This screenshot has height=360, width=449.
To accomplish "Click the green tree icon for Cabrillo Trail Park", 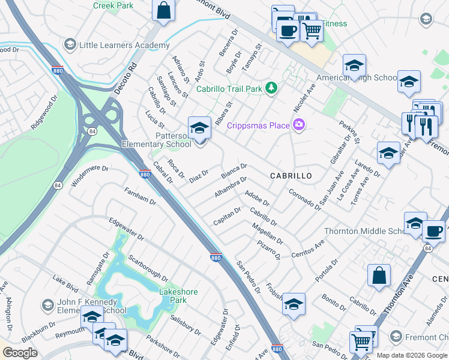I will [272, 88].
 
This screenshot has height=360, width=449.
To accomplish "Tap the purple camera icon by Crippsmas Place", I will [298, 125].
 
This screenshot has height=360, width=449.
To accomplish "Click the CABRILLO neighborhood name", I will [291, 176].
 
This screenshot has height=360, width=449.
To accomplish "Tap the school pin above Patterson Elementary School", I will [200, 128].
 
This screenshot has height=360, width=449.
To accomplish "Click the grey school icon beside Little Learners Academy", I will [70, 45].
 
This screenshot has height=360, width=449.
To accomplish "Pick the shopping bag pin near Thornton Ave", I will [379, 276].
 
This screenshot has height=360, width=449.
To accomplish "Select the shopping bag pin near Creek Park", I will [163, 10].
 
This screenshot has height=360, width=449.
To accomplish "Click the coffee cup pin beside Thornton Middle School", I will [433, 231].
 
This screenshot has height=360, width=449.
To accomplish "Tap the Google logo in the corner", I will [20, 353].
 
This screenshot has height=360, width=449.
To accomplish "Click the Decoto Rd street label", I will [126, 77].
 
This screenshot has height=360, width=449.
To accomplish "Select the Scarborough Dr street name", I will [148, 268].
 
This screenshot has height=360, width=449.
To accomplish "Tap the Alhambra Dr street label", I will [231, 187].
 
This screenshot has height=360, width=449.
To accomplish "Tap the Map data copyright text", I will [412, 355].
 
